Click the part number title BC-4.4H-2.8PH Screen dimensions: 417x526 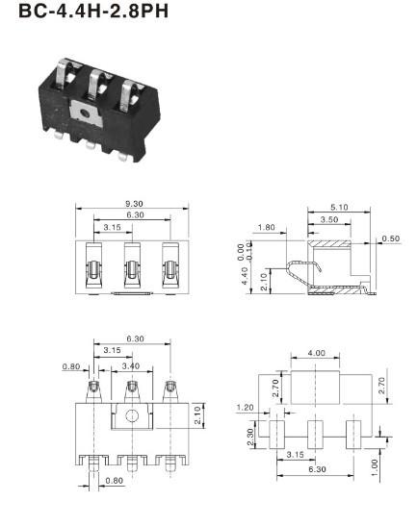tap(93, 11)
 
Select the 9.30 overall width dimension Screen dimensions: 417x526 tap(134, 204)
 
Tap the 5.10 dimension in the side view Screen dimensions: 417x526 tap(339, 207)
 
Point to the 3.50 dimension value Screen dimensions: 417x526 tap(329, 219)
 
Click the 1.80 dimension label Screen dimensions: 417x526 tap(266, 228)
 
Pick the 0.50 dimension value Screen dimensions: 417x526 tap(391, 238)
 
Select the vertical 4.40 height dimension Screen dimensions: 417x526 tap(245, 276)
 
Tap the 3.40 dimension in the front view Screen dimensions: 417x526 tap(131, 366)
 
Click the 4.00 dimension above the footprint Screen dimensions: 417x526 tap(317, 353)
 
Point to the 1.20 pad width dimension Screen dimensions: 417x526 tap(246, 408)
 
